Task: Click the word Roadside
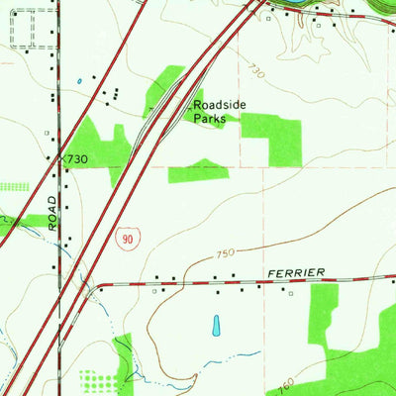tap(218, 103)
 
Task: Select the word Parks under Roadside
tap(210, 118)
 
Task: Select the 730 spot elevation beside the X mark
tap(78, 159)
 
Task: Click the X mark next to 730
tap(60, 158)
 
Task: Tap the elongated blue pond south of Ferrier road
tap(217, 324)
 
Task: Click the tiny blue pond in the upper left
tap(78, 81)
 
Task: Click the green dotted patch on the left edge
tap(12, 185)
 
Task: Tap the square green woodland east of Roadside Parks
tap(270, 137)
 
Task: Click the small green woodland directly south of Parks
tap(199, 171)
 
